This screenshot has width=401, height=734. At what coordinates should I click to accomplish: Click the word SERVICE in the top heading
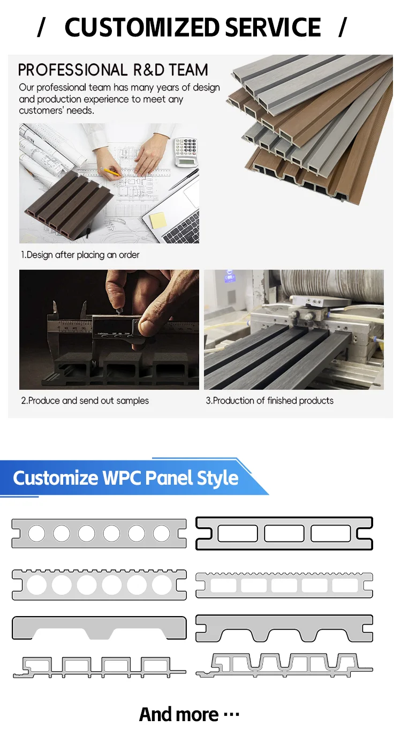273,27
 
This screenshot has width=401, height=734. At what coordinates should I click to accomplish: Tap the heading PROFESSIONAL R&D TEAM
113,70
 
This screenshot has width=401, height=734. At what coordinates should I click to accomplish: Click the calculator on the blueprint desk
186,151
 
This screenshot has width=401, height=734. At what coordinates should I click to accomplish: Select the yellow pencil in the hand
110,172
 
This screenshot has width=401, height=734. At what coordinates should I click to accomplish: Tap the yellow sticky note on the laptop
157,220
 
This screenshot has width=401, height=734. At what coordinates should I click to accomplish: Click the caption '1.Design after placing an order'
80,255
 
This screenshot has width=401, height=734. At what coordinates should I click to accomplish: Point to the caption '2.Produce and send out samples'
85,401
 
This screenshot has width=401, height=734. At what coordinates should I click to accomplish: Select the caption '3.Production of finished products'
269,401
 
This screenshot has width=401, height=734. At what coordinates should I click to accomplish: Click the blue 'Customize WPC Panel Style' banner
131,478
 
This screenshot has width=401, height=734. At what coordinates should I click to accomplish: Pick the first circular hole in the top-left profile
36,533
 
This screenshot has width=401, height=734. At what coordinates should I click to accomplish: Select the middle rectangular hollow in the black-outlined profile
284,533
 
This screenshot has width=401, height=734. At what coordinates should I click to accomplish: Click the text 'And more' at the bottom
179,714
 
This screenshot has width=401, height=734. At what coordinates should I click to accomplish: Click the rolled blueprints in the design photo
49,147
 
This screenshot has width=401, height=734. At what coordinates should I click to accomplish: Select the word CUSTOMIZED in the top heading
142,27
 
